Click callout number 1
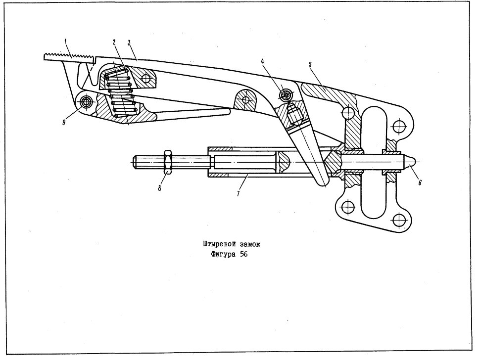(66, 41)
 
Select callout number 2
(114, 42)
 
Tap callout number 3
(129, 42)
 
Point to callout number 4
(262, 61)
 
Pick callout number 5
(310, 65)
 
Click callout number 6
(420, 182)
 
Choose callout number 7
(238, 193)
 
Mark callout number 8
(159, 188)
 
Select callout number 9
(64, 123)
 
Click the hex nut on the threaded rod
(168, 162)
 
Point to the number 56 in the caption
(243, 254)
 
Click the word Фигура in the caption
(224, 255)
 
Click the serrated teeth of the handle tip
(69, 56)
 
